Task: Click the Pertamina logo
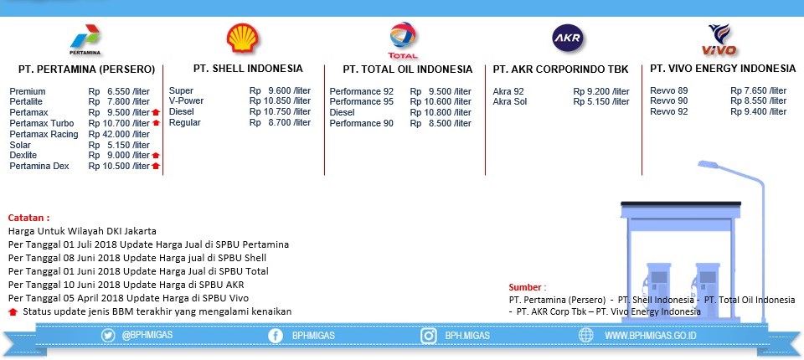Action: click(x=85, y=39)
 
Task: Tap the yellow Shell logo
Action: click(x=243, y=38)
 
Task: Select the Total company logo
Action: click(x=403, y=40)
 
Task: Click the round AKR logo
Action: click(x=568, y=39)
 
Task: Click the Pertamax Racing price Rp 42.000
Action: click(x=119, y=134)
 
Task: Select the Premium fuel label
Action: click(x=28, y=91)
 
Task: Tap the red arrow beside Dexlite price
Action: click(x=156, y=156)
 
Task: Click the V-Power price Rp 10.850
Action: click(x=280, y=101)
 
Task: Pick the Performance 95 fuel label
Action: click(x=362, y=101)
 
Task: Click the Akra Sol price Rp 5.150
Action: click(x=601, y=101)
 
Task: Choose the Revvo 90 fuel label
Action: click(x=669, y=101)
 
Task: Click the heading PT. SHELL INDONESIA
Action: click(x=248, y=68)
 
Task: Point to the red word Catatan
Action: click(x=28, y=218)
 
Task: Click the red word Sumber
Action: click(x=528, y=287)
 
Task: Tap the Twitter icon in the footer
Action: click(x=108, y=336)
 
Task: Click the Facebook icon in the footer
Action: click(x=276, y=336)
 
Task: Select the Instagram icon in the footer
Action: click(x=429, y=336)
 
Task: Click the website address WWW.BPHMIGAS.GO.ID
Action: click(x=650, y=336)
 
